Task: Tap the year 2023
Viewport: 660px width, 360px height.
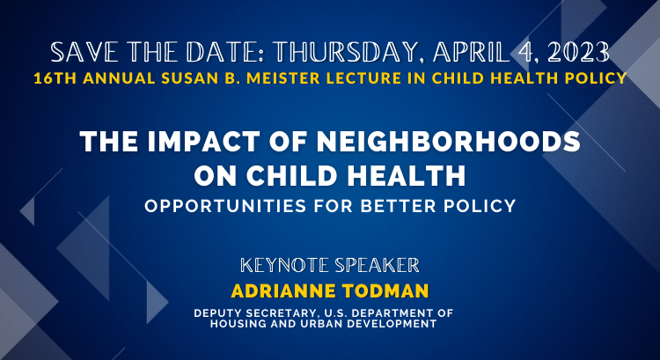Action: (579, 53)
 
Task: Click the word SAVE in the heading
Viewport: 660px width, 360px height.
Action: (84, 53)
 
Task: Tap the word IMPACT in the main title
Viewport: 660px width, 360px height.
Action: (204, 141)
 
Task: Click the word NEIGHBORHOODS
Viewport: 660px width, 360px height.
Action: (448, 141)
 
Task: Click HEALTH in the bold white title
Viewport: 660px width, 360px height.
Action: (407, 175)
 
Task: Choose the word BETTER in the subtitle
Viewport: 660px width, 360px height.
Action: (398, 206)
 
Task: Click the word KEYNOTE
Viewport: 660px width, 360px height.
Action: (284, 265)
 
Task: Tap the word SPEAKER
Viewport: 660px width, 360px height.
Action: (378, 265)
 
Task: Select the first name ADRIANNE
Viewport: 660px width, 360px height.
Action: (283, 291)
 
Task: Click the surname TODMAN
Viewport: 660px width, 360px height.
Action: (385, 291)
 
